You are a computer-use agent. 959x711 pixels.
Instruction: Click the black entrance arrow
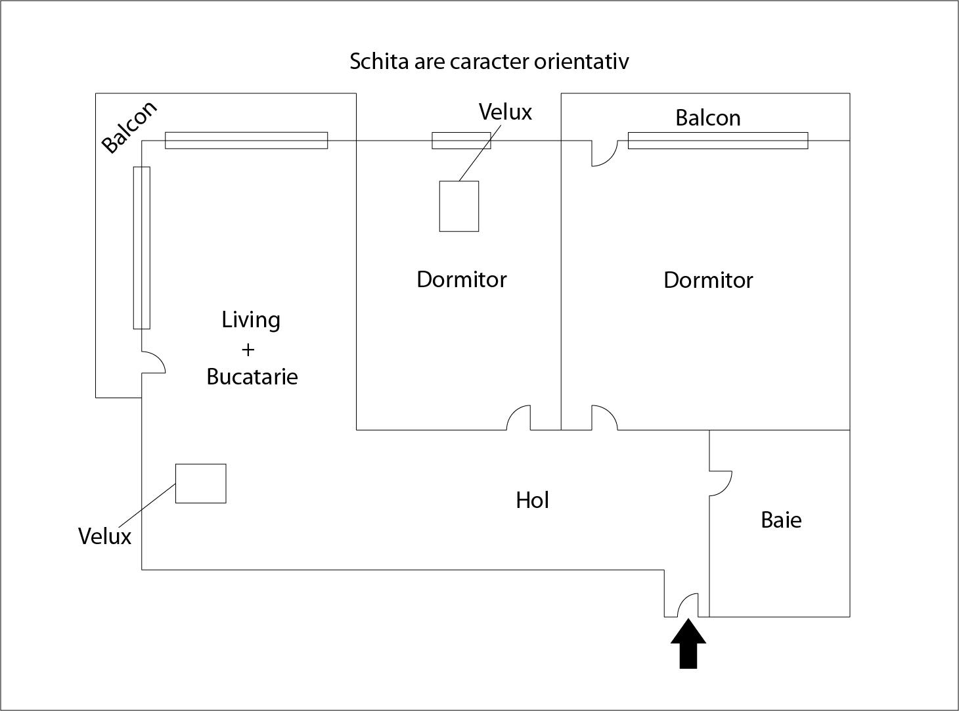click(688, 643)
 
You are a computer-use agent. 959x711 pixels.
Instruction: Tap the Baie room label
click(781, 520)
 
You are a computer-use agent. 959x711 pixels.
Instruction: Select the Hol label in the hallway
click(532, 500)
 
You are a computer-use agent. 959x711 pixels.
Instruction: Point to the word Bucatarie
click(252, 377)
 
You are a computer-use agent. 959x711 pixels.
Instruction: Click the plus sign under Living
click(248, 350)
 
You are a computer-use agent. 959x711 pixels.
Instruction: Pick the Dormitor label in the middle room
click(461, 279)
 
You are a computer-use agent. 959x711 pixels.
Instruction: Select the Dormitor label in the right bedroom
click(708, 280)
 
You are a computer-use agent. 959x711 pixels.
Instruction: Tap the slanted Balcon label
click(129, 127)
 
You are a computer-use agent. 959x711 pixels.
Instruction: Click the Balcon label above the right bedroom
click(708, 118)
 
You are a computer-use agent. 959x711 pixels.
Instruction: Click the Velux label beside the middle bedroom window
click(505, 112)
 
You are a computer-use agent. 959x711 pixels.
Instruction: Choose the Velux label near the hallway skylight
click(104, 536)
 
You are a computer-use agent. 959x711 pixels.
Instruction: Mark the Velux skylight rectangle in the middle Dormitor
click(458, 206)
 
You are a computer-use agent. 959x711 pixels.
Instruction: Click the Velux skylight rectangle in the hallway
click(200, 484)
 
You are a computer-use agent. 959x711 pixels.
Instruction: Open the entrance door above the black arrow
click(688, 605)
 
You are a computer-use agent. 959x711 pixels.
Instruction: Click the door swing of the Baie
click(721, 483)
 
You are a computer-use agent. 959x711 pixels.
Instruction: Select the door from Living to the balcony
click(154, 361)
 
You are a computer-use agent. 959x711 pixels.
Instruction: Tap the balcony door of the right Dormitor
click(604, 153)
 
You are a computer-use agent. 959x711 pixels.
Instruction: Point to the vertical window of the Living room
click(142, 248)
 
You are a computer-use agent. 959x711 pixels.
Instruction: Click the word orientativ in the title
click(581, 62)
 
